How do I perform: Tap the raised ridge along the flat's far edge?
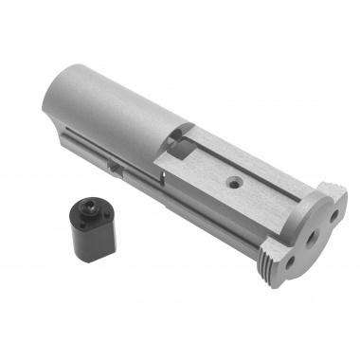[x=256, y=156]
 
